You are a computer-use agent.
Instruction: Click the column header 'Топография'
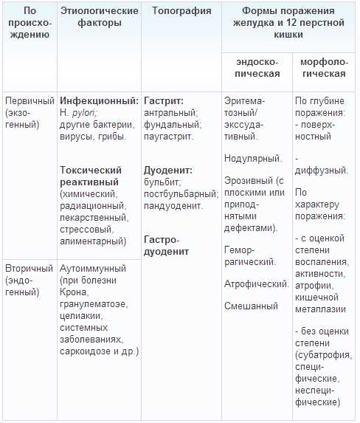[181, 11]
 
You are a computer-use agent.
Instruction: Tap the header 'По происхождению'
[30, 22]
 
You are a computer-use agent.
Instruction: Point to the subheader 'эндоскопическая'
[257, 67]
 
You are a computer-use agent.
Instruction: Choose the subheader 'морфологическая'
[325, 67]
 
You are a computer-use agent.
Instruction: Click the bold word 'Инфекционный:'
[99, 100]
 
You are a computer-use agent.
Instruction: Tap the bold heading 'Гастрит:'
[164, 100]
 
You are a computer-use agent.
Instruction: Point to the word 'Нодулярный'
[252, 158]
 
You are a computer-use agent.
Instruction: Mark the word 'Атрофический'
[256, 283]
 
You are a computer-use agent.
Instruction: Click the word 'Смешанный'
[251, 306]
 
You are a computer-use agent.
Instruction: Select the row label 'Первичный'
[29, 100]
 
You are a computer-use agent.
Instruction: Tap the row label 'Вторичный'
[29, 268]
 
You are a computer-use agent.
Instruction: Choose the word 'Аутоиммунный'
[93, 268]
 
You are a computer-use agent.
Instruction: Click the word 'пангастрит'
[169, 136]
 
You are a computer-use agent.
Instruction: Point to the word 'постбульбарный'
[180, 193]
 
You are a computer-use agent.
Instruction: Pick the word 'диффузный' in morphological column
[322, 171]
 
